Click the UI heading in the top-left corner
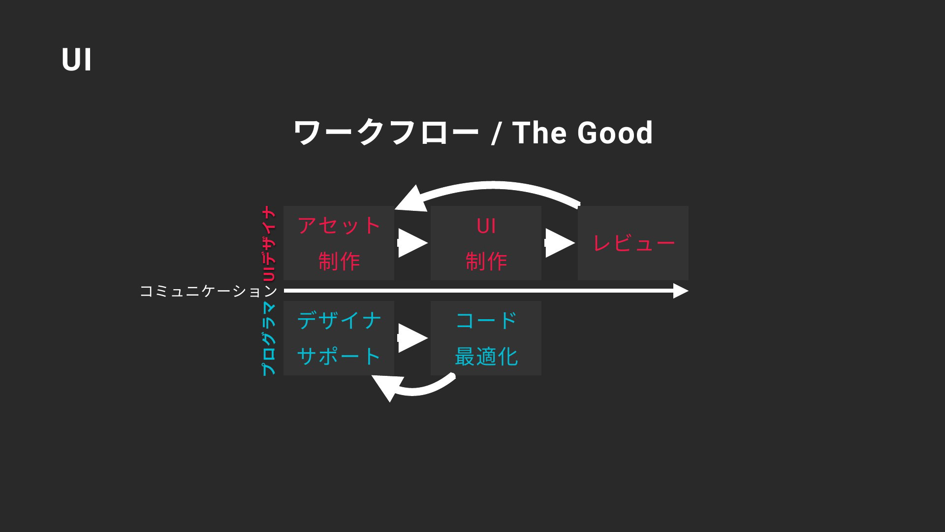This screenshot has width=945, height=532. coord(77,60)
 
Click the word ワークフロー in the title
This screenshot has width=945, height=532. coord(386,133)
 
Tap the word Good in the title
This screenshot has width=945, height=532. coord(615,133)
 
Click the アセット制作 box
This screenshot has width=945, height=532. coord(339,243)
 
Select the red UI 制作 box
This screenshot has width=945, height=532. coord(486,243)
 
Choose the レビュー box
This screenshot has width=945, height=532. coord(633,243)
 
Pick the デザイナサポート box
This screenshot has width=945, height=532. coord(339,338)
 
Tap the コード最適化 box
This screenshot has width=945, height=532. coord(486,338)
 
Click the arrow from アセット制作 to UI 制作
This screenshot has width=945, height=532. coord(412,243)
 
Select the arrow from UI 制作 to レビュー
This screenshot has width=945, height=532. coord(560,243)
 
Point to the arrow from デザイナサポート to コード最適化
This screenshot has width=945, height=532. coord(412,338)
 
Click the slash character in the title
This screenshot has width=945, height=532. coord(496,133)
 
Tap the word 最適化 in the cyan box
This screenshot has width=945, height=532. coord(486,356)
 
